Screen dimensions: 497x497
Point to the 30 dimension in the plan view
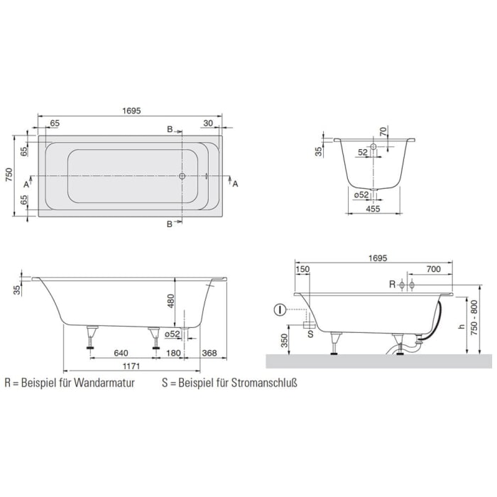pos(208,123)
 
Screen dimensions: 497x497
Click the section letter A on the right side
pos(236,184)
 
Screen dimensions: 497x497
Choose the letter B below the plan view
pos(169,224)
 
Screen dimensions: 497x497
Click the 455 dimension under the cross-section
pos(373,209)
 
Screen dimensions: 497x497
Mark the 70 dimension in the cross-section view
pos(383,131)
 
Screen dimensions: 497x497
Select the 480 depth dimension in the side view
pos(170,302)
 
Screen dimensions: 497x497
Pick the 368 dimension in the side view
pos(209,353)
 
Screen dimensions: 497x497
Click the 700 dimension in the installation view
pos(435,269)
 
